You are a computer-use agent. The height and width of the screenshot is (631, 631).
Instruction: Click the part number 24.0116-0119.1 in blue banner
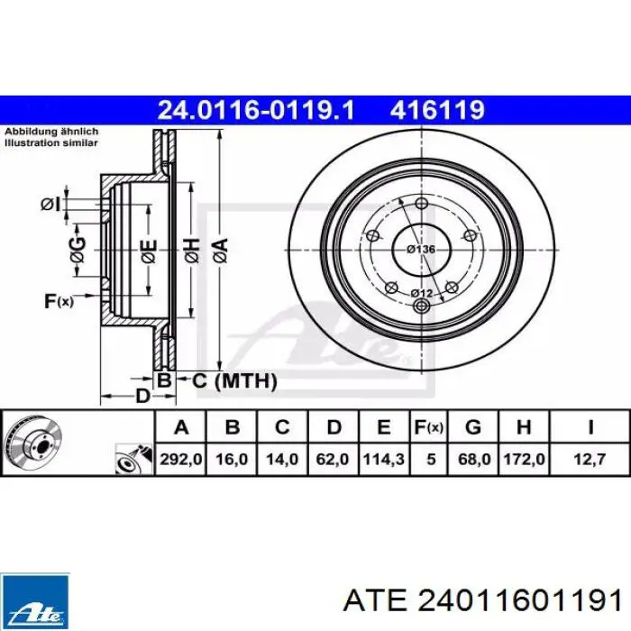tap(256, 110)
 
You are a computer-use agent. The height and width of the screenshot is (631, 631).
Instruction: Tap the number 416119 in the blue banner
tap(437, 110)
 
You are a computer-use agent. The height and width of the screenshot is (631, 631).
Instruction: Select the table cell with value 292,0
tap(180, 459)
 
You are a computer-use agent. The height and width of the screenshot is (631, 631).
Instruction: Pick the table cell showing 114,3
tap(384, 459)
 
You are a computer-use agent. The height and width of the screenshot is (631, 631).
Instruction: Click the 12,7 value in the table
tap(590, 459)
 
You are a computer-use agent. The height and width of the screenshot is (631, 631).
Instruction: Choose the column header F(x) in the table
tap(428, 426)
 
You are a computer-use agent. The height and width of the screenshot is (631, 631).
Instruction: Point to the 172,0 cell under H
tap(524, 459)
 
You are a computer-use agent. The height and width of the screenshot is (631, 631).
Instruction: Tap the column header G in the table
tap(473, 426)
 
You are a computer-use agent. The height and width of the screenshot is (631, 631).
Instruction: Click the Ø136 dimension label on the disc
tap(421, 250)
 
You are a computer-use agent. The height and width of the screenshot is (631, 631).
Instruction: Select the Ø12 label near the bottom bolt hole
tap(422, 293)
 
